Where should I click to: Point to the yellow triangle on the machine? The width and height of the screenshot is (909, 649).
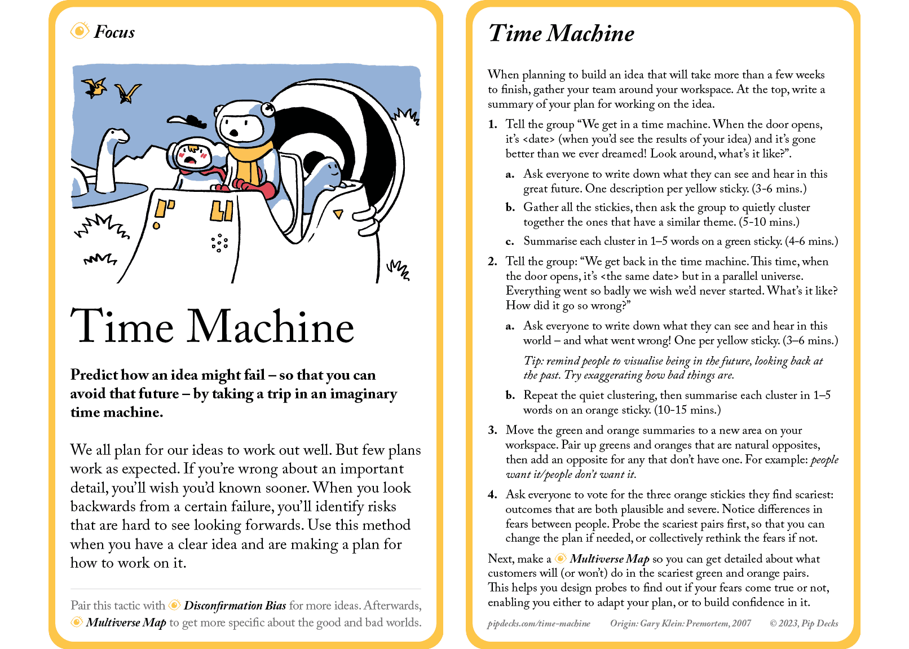coord(338,214)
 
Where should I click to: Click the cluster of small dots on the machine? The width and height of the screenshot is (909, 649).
coord(219,243)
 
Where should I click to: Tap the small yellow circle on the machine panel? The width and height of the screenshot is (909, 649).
coord(157,226)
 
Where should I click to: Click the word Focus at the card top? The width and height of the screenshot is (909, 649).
coord(114,32)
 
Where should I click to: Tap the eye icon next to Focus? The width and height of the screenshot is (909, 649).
coord(80,30)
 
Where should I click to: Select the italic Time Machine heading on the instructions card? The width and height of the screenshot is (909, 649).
coord(561,33)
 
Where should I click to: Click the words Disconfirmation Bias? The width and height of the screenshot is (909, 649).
coord(235,606)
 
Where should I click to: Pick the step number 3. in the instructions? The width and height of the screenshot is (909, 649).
coord(492,430)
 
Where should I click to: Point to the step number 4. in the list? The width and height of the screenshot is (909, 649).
coord(492,494)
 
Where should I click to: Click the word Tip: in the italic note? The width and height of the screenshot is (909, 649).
coord(533,361)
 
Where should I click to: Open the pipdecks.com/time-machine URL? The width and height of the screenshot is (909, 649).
coord(539,624)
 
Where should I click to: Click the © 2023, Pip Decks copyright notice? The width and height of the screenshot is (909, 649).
coord(804,624)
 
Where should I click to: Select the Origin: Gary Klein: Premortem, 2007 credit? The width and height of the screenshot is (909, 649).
coord(680,624)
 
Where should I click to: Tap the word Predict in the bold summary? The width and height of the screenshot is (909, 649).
coord(94,375)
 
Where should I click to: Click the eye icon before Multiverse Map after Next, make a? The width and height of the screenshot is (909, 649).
coord(561,558)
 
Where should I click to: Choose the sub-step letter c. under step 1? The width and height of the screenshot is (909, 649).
coord(510,242)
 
